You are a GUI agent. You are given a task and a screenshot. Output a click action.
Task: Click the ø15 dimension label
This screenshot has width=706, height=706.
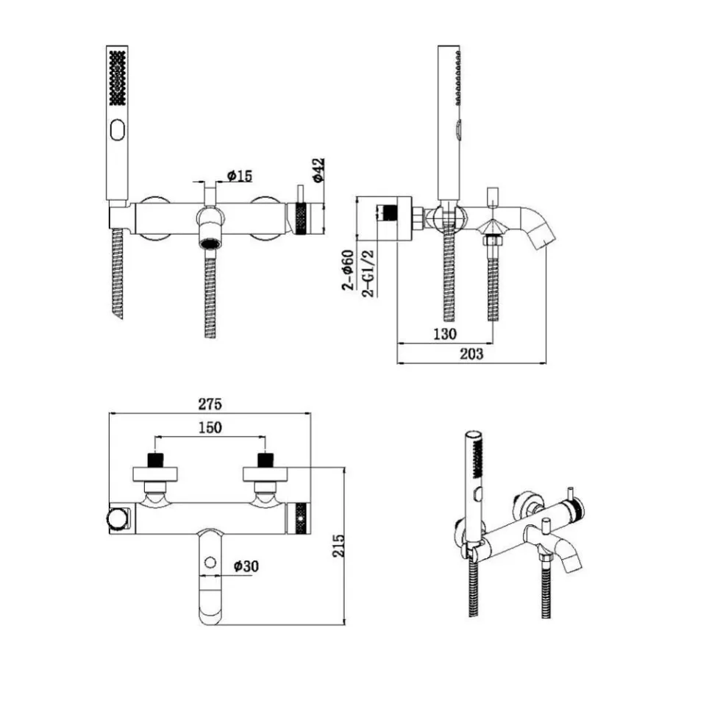pos(240,176)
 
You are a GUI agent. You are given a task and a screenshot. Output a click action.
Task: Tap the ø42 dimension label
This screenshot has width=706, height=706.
pos(318,170)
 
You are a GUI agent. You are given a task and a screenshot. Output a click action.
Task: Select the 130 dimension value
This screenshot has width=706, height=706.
pos(445,334)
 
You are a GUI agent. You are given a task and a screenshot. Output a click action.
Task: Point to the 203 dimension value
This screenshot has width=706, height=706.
pos(471,354)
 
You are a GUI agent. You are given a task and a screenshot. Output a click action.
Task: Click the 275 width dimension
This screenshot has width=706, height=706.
pos(210,404)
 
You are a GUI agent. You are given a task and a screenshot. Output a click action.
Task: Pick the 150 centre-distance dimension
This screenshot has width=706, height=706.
pos(210,427)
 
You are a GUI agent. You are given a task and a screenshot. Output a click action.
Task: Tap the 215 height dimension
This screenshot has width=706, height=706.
pos(338,546)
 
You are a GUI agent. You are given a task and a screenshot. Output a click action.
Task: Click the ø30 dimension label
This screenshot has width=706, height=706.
pos(246,566)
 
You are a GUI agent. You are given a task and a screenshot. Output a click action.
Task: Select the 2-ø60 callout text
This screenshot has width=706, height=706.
pos(349,270)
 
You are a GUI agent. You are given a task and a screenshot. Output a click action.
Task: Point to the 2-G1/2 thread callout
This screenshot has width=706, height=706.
pos(368,273)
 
